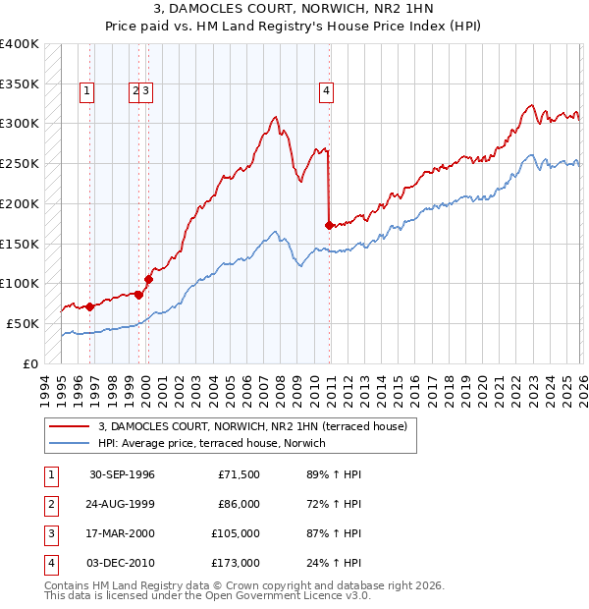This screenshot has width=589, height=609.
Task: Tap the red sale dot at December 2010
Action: coord(328,225)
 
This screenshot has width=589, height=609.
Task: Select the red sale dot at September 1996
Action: coord(89,306)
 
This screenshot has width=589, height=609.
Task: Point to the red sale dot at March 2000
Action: coord(148,279)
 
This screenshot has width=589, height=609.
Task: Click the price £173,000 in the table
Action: coord(236,563)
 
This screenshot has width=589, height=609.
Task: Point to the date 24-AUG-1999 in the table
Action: coord(122,504)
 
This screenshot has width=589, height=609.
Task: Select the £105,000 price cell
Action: coord(236,533)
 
